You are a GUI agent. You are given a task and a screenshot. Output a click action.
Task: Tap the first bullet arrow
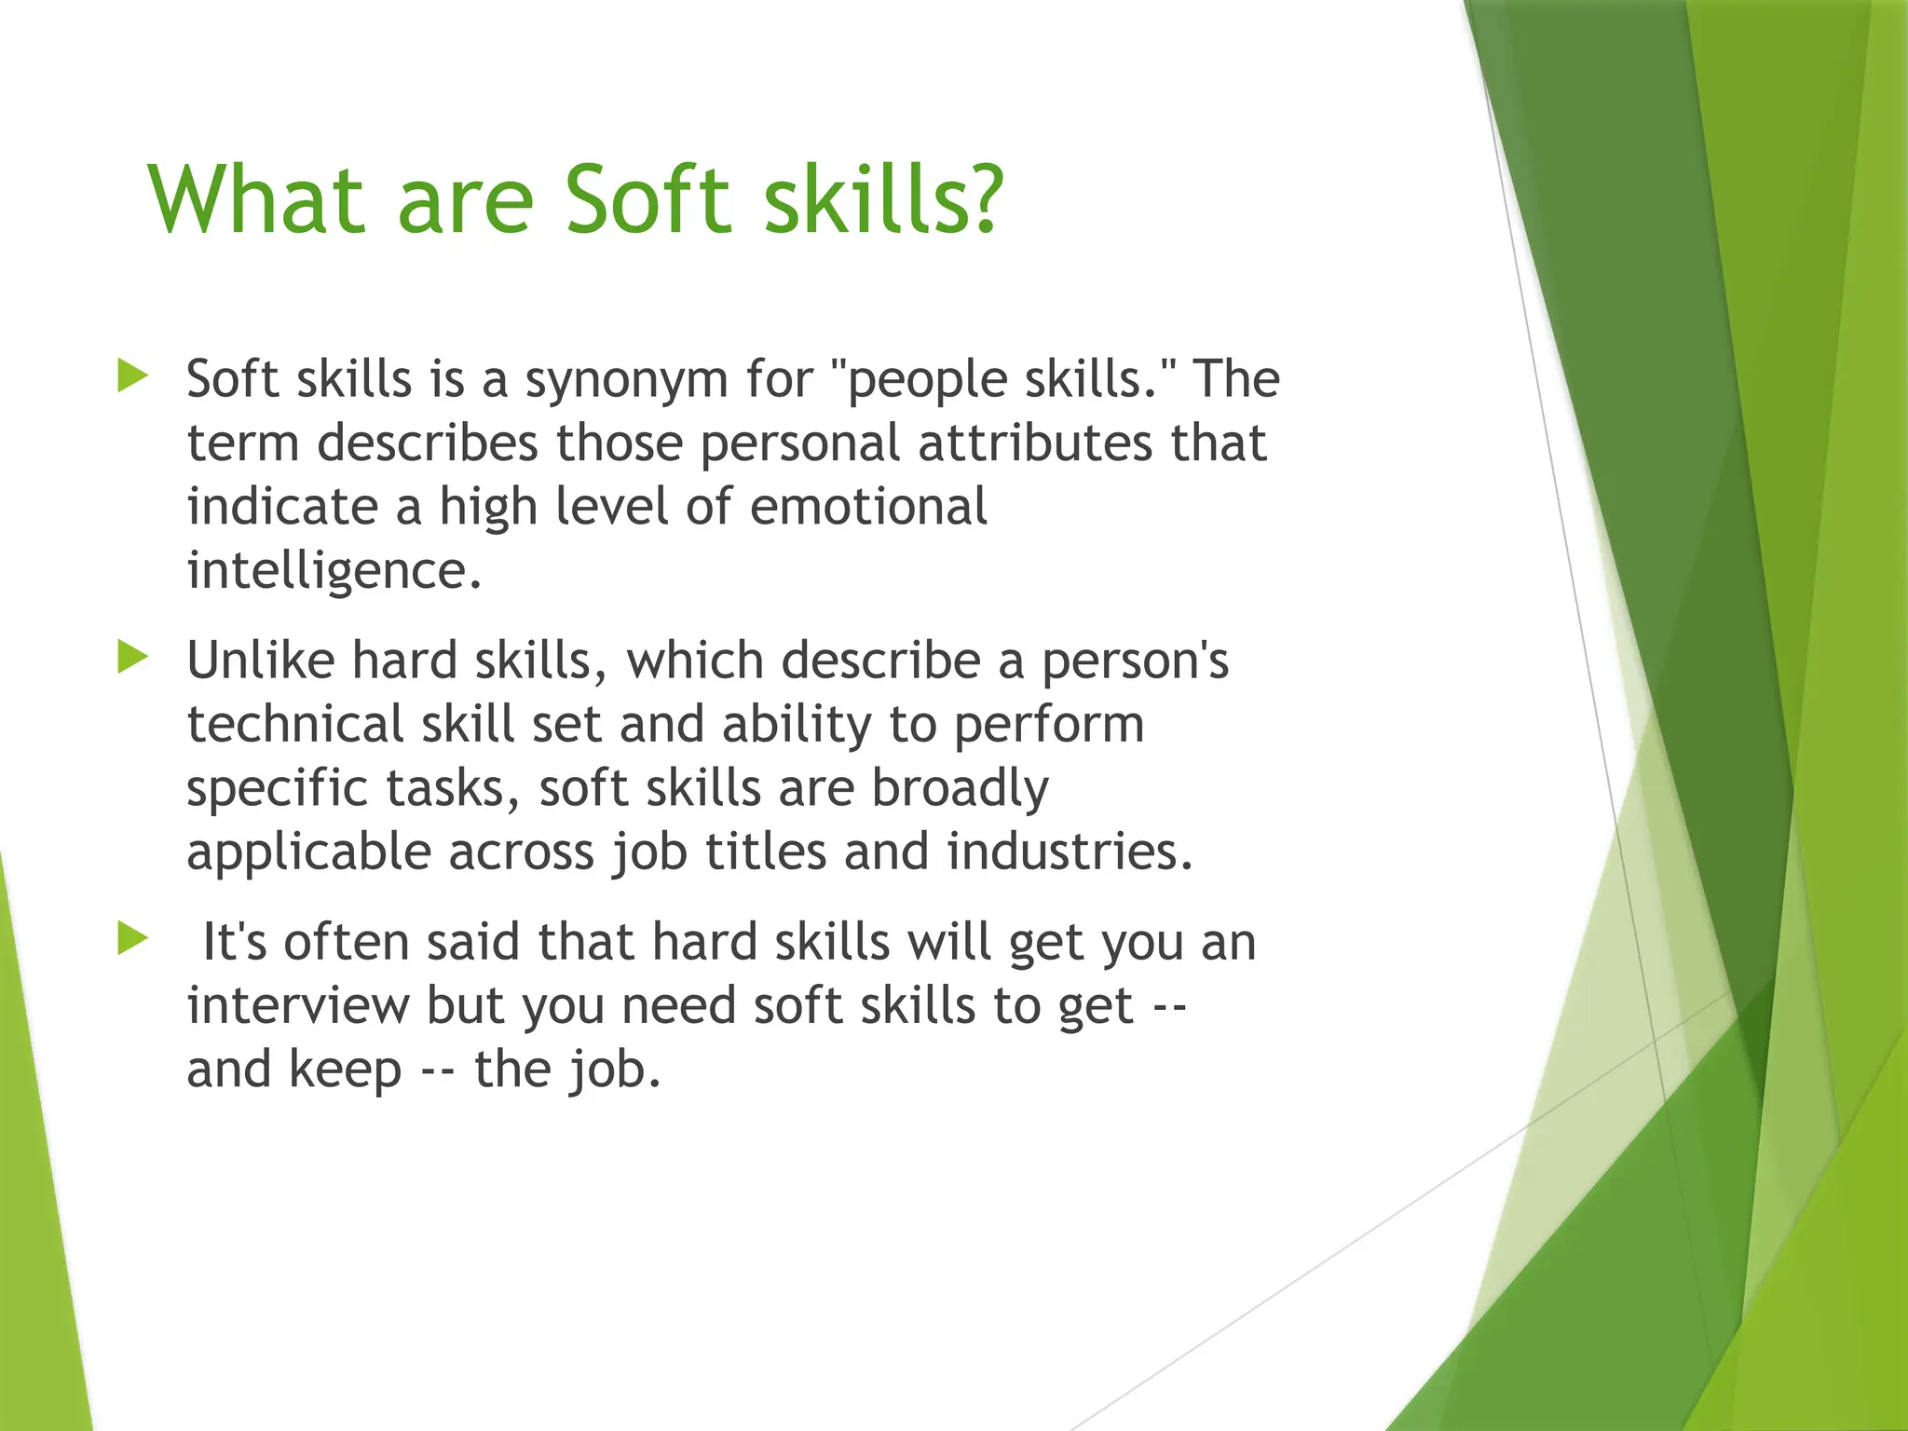click(x=133, y=376)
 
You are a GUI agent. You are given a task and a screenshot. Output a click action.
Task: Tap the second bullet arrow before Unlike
click(x=133, y=658)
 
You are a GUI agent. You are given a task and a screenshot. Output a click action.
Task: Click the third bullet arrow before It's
click(x=133, y=938)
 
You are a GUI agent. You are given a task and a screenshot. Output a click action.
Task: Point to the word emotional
click(x=867, y=507)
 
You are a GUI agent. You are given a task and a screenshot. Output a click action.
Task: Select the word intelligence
click(x=334, y=572)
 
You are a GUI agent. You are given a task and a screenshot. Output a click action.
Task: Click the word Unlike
click(x=261, y=661)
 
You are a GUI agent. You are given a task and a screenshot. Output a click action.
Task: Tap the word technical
click(x=295, y=725)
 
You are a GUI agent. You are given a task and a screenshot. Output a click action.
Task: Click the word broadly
click(x=960, y=789)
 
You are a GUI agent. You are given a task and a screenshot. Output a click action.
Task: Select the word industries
click(x=1069, y=852)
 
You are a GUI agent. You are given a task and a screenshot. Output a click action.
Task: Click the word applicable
click(x=307, y=853)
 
